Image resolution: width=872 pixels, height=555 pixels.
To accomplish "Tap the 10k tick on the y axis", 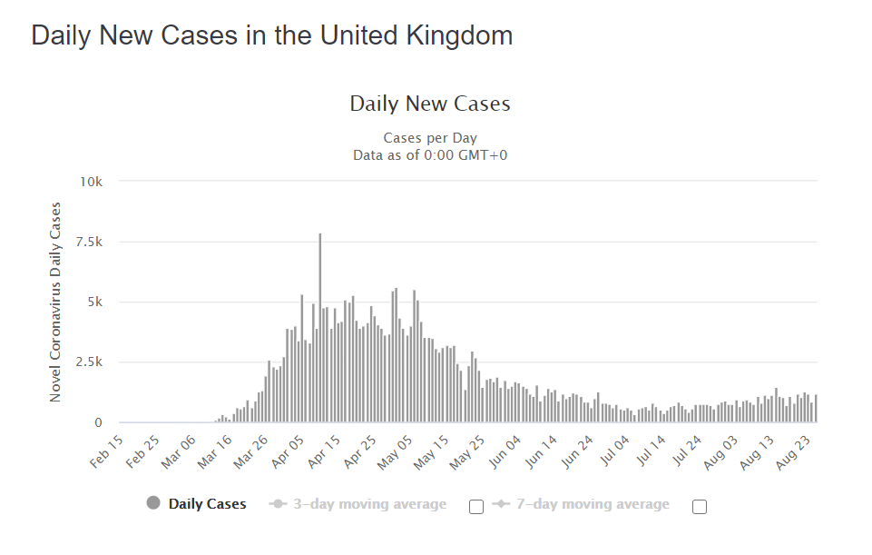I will coord(92,182).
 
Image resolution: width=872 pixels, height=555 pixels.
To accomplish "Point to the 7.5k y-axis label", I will coord(89,242).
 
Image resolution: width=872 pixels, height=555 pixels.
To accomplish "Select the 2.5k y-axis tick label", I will coord(89,362).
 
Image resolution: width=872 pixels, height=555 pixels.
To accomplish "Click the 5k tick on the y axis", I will coord(94,302).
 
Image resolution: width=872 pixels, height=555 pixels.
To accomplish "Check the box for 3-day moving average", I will coord(476,507).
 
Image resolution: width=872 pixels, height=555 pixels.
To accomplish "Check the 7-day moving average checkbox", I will coord(700,507).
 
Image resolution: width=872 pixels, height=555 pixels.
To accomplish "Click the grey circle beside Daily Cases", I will coord(153,504).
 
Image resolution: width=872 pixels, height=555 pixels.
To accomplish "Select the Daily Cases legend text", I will coord(207,504).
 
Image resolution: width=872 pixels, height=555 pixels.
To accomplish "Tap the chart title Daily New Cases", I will coord(430,104).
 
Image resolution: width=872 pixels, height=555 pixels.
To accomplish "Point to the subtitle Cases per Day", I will coord(430,138).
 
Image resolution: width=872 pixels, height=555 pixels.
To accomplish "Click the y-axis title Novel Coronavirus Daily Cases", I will coord(55,302).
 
